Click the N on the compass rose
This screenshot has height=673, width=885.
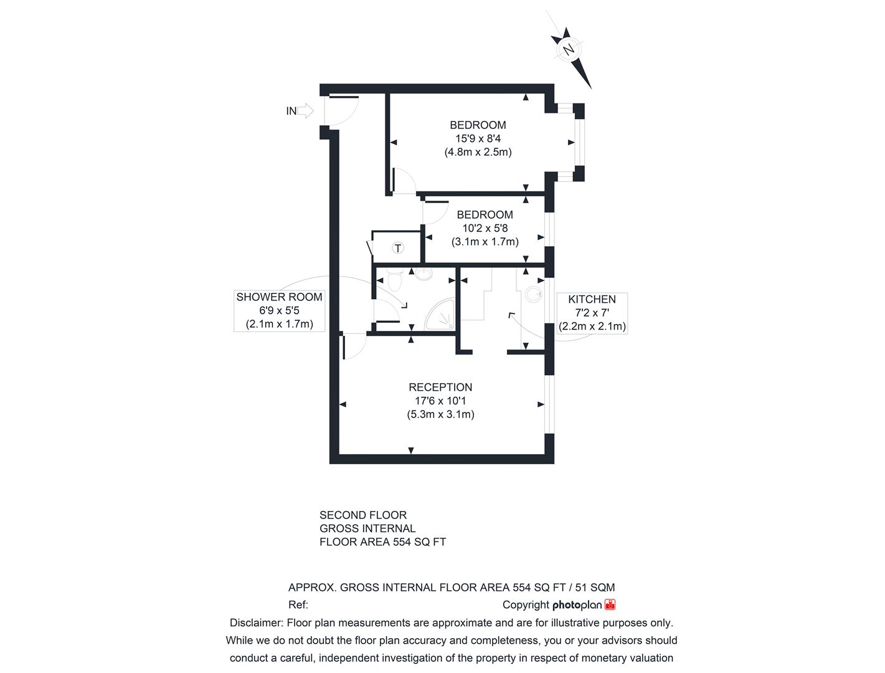[569, 50]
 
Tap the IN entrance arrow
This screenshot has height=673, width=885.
[306, 110]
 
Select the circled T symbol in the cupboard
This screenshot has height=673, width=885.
[398, 248]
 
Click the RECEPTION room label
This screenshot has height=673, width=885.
[440, 387]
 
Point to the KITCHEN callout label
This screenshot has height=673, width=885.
[592, 299]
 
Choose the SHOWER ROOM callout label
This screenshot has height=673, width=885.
[279, 297]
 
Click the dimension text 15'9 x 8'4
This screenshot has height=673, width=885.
[478, 138]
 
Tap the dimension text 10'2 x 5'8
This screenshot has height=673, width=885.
[485, 228]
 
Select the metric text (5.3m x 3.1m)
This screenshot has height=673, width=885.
[440, 414]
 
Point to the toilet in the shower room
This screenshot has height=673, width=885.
[394, 280]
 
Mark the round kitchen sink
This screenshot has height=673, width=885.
[534, 294]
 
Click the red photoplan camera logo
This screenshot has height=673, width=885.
[610, 604]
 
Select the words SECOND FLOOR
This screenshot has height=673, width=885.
[363, 515]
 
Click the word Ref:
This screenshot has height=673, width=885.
[298, 604]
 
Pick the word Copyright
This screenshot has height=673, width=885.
[526, 605]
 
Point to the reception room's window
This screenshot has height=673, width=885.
[549, 404]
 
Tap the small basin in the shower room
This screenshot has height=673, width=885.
[424, 274]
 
